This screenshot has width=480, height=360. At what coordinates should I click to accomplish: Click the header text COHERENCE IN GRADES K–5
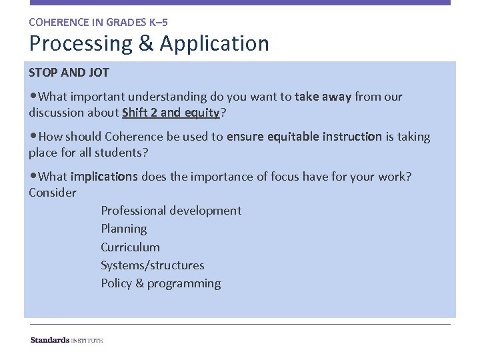click(x=98, y=22)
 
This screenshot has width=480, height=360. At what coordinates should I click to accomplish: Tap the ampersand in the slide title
click(x=147, y=44)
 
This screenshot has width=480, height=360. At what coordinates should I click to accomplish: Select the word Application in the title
click(x=214, y=44)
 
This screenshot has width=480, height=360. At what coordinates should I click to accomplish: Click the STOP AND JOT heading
click(x=69, y=72)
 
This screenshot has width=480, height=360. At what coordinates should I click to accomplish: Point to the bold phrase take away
click(x=323, y=97)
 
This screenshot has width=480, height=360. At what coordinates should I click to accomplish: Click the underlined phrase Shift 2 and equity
click(x=171, y=113)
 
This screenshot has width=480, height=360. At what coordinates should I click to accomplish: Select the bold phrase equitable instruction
click(x=305, y=137)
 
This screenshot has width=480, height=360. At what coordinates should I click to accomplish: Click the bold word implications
click(x=104, y=177)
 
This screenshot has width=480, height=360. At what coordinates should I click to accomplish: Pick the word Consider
click(x=53, y=193)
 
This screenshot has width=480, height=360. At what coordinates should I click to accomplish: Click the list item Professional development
click(x=171, y=211)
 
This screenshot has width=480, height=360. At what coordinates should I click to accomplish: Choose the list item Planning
click(x=124, y=229)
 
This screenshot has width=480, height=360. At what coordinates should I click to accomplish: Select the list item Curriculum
click(x=130, y=247)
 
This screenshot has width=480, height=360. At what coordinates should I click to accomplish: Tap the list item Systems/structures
click(x=153, y=265)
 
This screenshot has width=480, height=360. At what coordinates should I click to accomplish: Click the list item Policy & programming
click(x=161, y=283)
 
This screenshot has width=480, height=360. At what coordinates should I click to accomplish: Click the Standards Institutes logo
click(x=67, y=340)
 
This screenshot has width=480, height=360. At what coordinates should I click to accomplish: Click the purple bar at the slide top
click(x=240, y=3)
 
